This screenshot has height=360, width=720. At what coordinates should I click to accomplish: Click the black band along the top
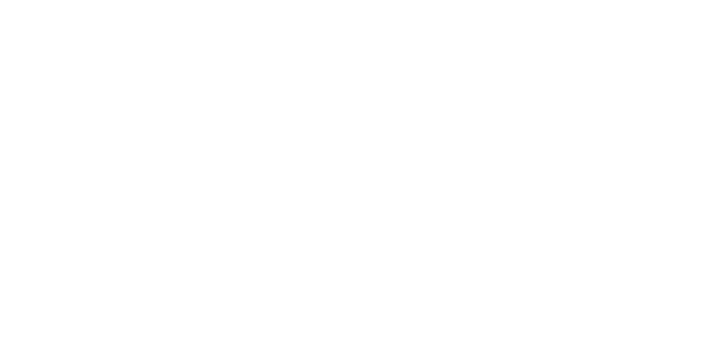pos(360,24)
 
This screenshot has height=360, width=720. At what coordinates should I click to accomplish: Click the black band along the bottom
pos(360,338)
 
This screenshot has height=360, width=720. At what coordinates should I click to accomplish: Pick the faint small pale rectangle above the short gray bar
pos(493,155)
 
